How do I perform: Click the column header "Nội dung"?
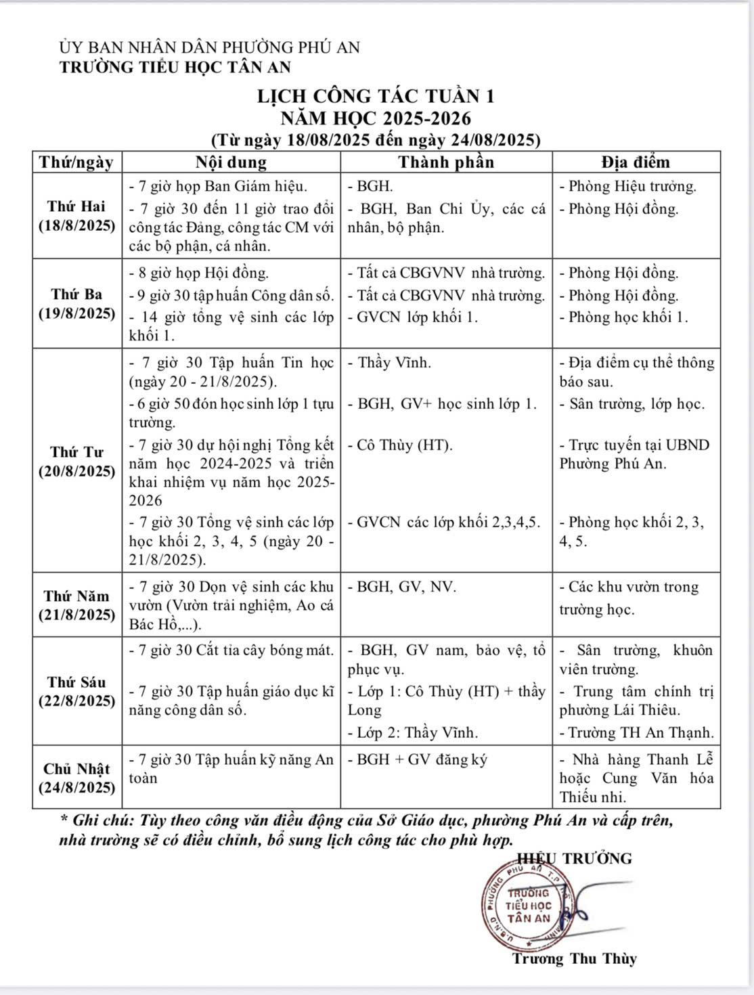coord(231,162)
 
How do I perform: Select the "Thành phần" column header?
coord(446,162)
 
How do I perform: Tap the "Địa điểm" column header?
coord(636,162)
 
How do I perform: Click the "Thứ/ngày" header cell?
coord(76,162)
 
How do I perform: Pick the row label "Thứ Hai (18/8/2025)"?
coord(76,216)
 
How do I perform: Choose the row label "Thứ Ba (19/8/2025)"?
coord(76,304)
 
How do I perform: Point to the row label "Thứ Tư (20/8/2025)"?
coord(76,461)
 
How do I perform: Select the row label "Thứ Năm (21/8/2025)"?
coord(76,605)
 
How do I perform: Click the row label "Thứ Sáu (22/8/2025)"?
coord(76,691)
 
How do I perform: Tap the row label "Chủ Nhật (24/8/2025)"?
coord(76,778)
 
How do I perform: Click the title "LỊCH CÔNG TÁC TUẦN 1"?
coord(376,96)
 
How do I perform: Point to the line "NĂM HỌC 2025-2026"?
coord(376,118)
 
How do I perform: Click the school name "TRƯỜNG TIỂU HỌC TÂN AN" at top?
coord(175,67)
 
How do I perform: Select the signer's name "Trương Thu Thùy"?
coord(574,958)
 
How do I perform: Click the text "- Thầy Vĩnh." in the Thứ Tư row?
coord(389,363)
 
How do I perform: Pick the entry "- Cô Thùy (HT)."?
coord(400,445)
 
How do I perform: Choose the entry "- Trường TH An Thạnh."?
coord(636,732)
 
